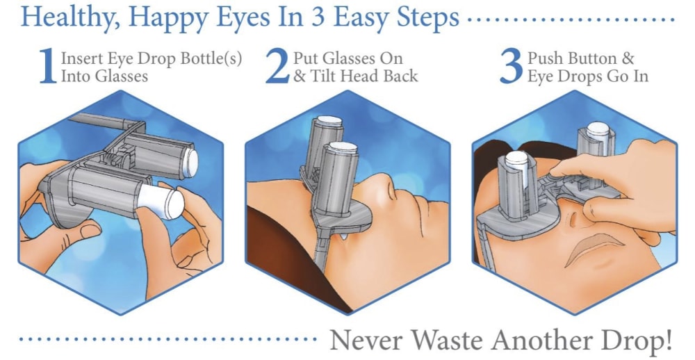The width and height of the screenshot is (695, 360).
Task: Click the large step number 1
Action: [x=47, y=66]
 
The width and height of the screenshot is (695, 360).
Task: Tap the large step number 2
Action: [x=277, y=66]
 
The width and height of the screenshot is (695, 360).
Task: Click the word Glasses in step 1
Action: [x=122, y=76]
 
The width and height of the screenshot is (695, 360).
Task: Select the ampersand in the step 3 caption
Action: [x=627, y=58]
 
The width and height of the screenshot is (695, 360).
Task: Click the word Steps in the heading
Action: [x=427, y=18]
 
